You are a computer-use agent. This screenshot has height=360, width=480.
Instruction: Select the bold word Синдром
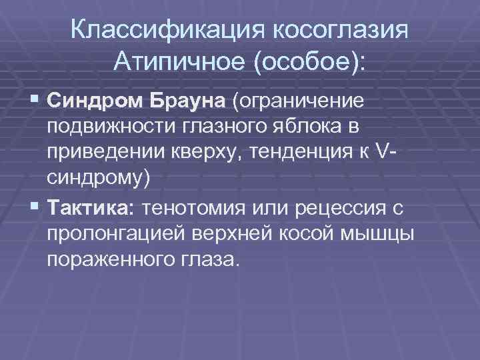click(96, 102)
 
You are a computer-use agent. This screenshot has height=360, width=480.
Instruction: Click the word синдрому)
click(99, 180)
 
